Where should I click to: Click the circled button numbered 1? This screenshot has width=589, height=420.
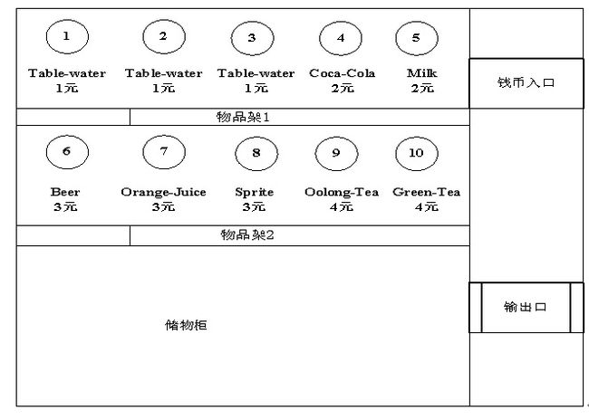click(x=67, y=37)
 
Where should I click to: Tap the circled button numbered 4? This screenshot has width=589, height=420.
click(x=341, y=38)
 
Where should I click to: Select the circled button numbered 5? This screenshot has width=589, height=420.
click(x=416, y=38)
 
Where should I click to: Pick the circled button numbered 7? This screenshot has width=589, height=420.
click(x=163, y=151)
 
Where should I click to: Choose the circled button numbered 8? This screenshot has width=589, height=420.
click(x=256, y=153)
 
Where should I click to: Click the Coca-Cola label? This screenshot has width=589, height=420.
click(x=342, y=73)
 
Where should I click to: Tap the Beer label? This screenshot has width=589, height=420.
click(x=65, y=192)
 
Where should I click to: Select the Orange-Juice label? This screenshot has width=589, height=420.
click(x=163, y=192)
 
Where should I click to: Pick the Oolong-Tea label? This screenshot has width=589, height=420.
click(x=341, y=192)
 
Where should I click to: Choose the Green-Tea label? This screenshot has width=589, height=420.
click(x=426, y=192)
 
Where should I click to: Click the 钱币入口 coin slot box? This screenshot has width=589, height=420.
click(x=526, y=83)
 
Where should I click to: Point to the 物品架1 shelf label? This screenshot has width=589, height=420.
click(x=243, y=117)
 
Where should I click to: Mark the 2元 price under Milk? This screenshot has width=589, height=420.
click(x=422, y=88)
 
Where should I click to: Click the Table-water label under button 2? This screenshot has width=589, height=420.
click(x=163, y=73)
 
